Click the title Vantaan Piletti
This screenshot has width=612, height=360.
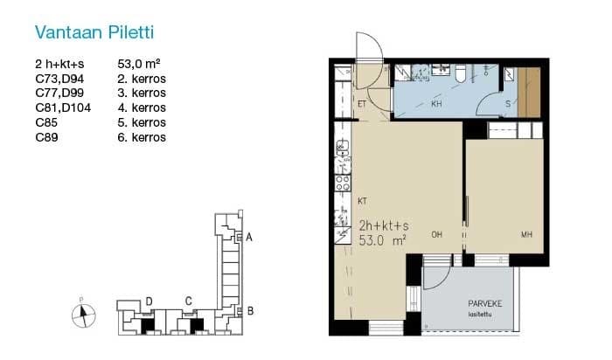pyautogui.click(x=94, y=32)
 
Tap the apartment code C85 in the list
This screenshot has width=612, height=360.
pyautogui.click(x=46, y=122)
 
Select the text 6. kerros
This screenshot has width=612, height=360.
pyautogui.click(x=142, y=137)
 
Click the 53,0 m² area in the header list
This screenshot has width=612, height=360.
pyautogui.click(x=139, y=64)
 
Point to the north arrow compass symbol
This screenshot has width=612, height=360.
pyautogui.click(x=84, y=315)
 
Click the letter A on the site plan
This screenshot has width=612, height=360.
pyautogui.click(x=249, y=237)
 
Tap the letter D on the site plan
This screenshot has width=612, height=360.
pyautogui.click(x=149, y=301)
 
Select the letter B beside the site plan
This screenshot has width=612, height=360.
pyautogui.click(x=250, y=311)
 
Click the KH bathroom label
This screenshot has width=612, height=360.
pyautogui.click(x=436, y=104)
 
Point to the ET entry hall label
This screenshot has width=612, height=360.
pyautogui.click(x=362, y=104)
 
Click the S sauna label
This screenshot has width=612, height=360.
pyautogui.click(x=508, y=104)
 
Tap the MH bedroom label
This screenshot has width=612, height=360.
pyautogui.click(x=526, y=235)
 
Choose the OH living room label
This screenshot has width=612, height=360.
pyautogui.click(x=437, y=235)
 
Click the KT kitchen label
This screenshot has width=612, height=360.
pyautogui.click(x=362, y=201)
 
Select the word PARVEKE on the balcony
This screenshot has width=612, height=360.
pyautogui.click(x=485, y=304)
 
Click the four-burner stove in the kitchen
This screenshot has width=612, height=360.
pyautogui.click(x=343, y=183)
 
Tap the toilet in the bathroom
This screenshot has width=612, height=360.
pyautogui.click(x=461, y=73)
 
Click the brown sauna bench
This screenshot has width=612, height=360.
pyautogui.click(x=529, y=93)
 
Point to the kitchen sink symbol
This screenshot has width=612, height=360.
pyautogui.click(x=343, y=146)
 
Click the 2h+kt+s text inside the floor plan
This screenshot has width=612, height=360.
pyautogui.click(x=384, y=225)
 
